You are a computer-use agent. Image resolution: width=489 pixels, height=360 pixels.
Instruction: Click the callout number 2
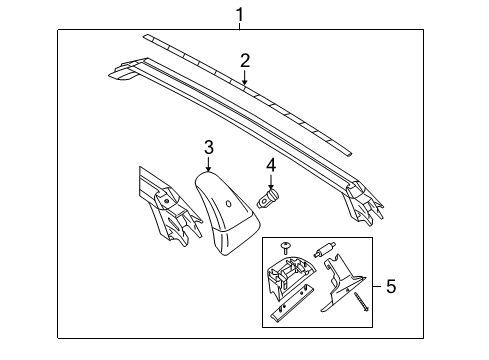tap(244, 60)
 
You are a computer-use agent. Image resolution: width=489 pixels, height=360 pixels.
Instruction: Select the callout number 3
tap(208, 148)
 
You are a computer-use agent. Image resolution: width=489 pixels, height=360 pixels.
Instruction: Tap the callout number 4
tap(270, 165)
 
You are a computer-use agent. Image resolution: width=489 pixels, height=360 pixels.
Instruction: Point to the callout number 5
tap(390, 287)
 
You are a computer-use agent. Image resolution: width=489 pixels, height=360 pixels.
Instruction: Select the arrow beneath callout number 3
tap(208, 163)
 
